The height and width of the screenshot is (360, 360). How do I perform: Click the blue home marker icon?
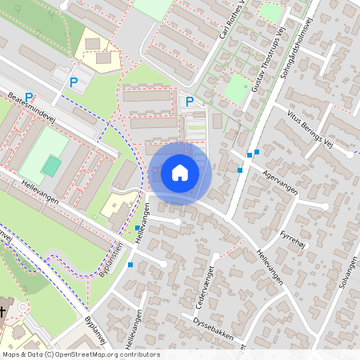pos(180,173)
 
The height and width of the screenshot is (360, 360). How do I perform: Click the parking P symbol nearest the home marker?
pos(190,101)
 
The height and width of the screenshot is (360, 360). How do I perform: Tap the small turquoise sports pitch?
pos(51,166)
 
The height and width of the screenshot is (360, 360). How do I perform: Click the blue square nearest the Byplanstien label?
pos(130,265)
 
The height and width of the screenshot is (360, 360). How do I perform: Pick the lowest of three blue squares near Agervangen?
pos(240,170)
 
